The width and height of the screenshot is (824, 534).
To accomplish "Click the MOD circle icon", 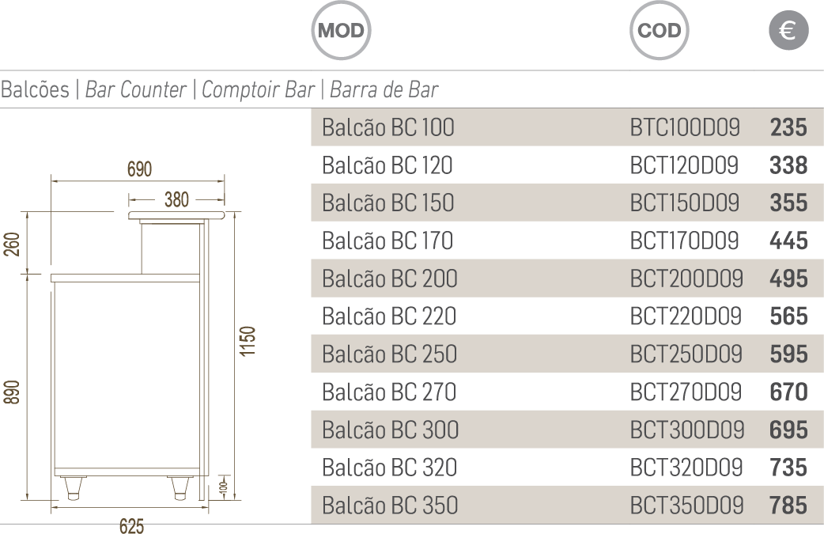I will pyautogui.click(x=341, y=31).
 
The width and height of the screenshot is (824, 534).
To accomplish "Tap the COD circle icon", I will pyautogui.click(x=659, y=31).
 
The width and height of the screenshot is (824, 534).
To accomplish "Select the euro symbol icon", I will pyautogui.click(x=788, y=31).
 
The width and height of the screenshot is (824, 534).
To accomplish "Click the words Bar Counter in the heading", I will pyautogui.click(x=135, y=89).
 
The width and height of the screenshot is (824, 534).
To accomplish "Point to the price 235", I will pyautogui.click(x=788, y=127).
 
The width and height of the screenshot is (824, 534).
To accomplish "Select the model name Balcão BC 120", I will pyautogui.click(x=387, y=165).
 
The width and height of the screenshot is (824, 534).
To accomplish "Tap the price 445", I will pyautogui.click(x=788, y=240).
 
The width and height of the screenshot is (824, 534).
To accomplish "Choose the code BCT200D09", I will pyautogui.click(x=686, y=278).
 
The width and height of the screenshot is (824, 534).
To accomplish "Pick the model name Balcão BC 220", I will pyautogui.click(x=389, y=316).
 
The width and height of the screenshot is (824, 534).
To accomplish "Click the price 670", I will pyautogui.click(x=788, y=392).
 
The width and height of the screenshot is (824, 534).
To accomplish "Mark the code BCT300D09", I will pyautogui.click(x=686, y=430).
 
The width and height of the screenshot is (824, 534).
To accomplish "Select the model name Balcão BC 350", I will pyautogui.click(x=390, y=505).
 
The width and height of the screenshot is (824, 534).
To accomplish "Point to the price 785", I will pyautogui.click(x=788, y=505).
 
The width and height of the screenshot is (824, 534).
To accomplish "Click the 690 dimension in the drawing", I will pyautogui.click(x=139, y=169).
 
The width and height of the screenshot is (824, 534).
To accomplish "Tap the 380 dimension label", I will pyautogui.click(x=176, y=200).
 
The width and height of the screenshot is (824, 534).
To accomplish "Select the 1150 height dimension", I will pyautogui.click(x=248, y=341).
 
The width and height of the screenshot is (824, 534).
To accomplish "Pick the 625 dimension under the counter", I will pyautogui.click(x=131, y=526).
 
